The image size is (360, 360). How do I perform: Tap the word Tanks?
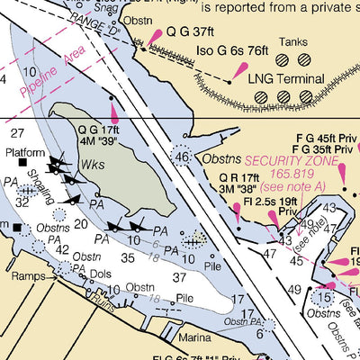click(x=292, y=41)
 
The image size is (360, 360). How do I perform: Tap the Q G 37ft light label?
click(x=189, y=31)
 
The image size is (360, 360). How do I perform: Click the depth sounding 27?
click(x=17, y=132)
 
